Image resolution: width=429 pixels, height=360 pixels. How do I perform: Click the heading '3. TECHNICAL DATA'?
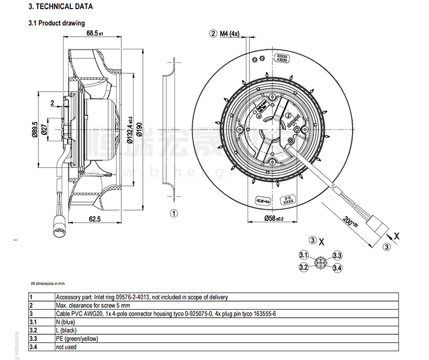[61, 7]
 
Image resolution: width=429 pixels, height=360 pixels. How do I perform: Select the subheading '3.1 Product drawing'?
[56, 23]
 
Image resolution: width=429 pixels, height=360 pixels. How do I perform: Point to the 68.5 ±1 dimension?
[94, 34]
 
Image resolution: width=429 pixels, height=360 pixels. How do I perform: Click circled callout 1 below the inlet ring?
[174, 213]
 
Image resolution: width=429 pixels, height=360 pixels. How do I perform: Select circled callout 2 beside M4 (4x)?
[214, 34]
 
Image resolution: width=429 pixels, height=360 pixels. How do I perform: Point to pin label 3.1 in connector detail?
[304, 255]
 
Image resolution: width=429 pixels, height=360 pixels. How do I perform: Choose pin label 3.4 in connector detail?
[337, 267]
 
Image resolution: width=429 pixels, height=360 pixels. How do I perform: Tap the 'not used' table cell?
[66, 346]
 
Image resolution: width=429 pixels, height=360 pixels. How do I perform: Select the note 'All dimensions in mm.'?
[48, 283]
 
